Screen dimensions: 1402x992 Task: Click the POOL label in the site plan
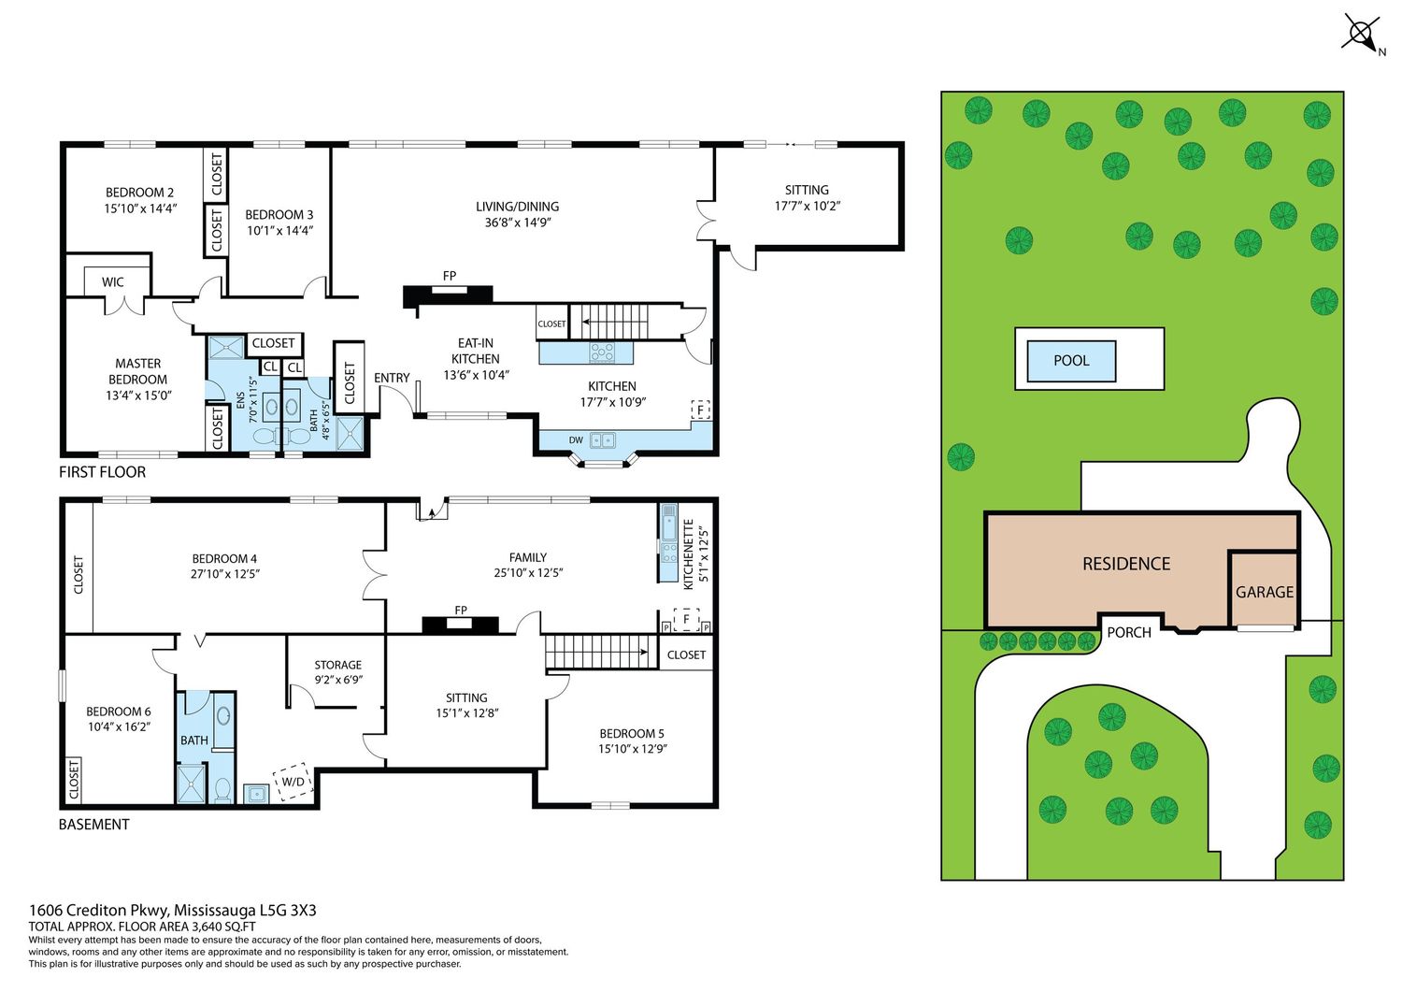point(1071,360)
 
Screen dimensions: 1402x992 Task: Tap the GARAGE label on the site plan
point(1264,592)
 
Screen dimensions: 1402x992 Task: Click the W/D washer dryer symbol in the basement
point(293,782)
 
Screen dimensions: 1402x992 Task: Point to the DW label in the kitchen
point(576,440)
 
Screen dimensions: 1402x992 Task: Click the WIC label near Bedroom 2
point(113,281)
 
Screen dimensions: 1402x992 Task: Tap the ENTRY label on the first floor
point(392,378)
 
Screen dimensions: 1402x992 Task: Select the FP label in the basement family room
point(461,610)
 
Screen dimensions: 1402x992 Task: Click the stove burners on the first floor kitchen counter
point(602,352)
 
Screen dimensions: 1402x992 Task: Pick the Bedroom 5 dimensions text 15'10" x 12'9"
point(632,748)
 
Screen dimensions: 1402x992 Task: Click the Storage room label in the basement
point(338,665)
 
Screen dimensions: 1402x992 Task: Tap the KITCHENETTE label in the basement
point(689,554)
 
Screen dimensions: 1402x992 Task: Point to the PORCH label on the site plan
point(1128,633)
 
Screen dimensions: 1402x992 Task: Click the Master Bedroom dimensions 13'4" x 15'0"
point(138,395)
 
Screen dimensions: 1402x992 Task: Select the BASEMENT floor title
point(93,824)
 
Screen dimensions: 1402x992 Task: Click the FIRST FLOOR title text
point(102,471)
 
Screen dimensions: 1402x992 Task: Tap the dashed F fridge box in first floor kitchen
point(700,410)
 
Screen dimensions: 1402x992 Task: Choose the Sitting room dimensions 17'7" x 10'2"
point(807,206)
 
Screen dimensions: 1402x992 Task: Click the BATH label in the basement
point(194,740)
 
